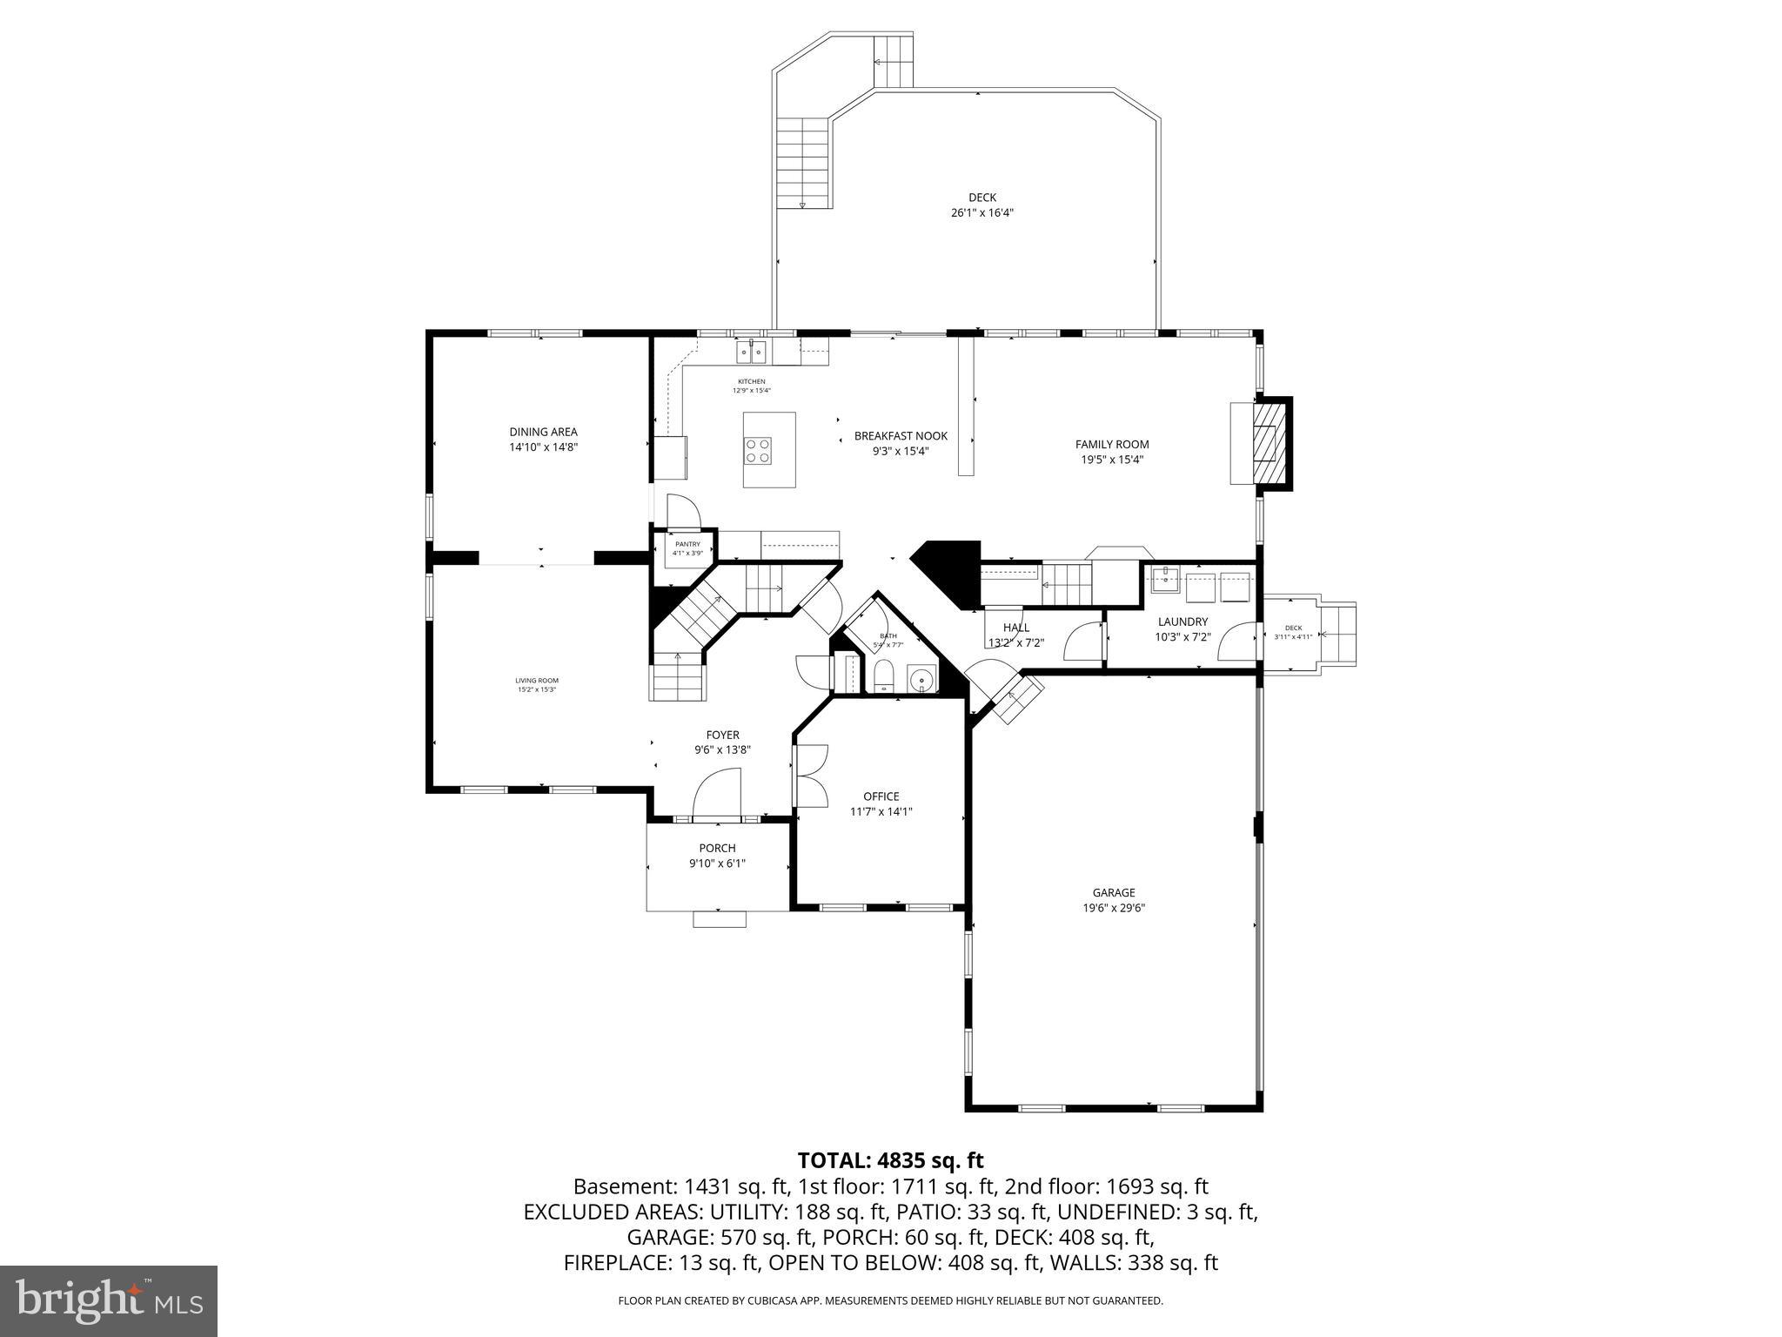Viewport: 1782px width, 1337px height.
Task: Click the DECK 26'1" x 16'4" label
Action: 981,205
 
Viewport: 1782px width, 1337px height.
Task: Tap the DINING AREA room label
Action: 543,439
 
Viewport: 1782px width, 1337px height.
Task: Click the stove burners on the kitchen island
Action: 756,450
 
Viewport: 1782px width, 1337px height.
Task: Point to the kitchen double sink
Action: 751,352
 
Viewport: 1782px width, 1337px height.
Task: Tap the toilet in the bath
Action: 884,675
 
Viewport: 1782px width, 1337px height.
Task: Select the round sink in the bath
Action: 921,677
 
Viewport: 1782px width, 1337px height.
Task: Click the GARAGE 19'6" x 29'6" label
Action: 1114,899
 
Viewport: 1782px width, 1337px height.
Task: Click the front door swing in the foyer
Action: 716,795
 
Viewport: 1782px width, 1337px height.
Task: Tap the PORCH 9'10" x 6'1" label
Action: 717,855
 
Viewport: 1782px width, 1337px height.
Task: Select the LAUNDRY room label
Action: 1182,628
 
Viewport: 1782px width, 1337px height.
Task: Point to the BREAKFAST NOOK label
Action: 901,443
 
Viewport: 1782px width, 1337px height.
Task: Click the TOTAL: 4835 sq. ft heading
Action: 890,1160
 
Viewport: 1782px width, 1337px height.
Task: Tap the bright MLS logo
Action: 109,1300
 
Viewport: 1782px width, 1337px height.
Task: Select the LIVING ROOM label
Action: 536,685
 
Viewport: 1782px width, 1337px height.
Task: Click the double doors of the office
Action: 811,775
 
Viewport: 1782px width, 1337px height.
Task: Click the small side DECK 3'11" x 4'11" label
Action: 1293,632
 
